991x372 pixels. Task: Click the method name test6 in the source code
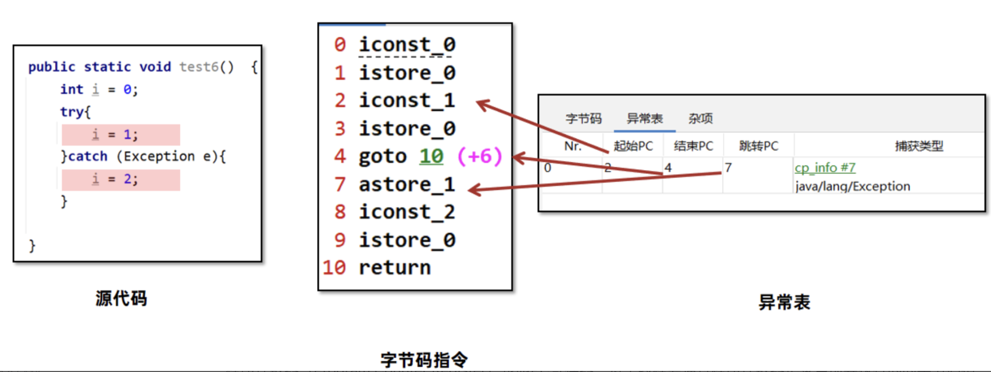pyautogui.click(x=199, y=67)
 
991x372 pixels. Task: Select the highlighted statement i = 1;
pyautogui.click(x=121, y=135)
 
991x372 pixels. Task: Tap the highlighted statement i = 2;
pyautogui.click(x=121, y=180)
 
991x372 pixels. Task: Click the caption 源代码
pyautogui.click(x=121, y=299)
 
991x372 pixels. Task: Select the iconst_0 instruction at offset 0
pyautogui.click(x=407, y=45)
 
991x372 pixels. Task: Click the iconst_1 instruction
pyautogui.click(x=407, y=101)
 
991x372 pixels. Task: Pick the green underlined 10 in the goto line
pyautogui.click(x=431, y=157)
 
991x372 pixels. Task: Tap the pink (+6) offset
pyautogui.click(x=480, y=157)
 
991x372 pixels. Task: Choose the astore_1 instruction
pyautogui.click(x=407, y=185)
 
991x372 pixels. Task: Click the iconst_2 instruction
pyautogui.click(x=407, y=212)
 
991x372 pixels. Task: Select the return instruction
pyautogui.click(x=395, y=268)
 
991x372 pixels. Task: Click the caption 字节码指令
pyautogui.click(x=424, y=360)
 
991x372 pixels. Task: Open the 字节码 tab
pyautogui.click(x=584, y=118)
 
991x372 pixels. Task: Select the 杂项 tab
pyautogui.click(x=701, y=118)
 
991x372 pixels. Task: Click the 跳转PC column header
pyautogui.click(x=759, y=146)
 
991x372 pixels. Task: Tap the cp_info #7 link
pyautogui.click(x=825, y=168)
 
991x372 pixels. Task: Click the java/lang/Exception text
pyautogui.click(x=853, y=186)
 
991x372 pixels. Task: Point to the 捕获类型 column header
pyautogui.click(x=919, y=146)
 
